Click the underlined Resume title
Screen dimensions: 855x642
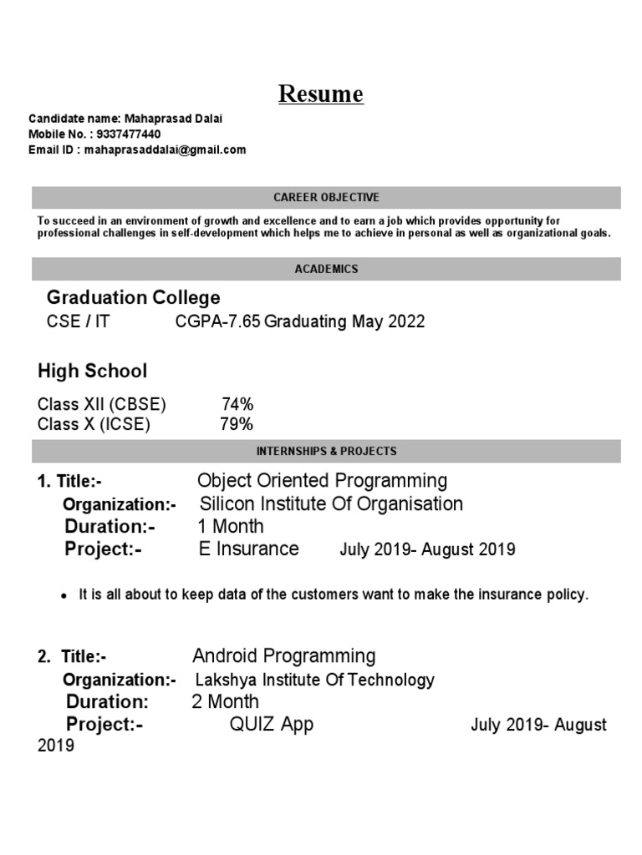[x=321, y=94]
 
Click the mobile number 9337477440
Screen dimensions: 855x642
[x=130, y=134]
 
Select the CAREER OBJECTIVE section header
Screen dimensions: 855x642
[x=326, y=198]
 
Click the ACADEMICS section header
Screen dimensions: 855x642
[x=326, y=269]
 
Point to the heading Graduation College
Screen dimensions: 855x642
[x=134, y=298]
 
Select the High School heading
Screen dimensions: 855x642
[x=93, y=371]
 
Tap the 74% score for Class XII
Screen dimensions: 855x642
[x=237, y=405]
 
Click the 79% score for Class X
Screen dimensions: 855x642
[x=236, y=425]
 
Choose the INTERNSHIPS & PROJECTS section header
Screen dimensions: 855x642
[x=326, y=451]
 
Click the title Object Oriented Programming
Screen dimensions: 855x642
[x=322, y=481]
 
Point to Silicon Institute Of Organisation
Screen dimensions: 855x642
[x=331, y=504]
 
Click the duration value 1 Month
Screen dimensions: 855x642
[x=230, y=527]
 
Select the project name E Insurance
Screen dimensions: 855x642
[x=247, y=549]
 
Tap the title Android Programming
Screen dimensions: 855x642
[x=284, y=656]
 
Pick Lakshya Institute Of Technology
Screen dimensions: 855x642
[x=314, y=680]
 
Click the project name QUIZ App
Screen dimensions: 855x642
[x=272, y=725]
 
